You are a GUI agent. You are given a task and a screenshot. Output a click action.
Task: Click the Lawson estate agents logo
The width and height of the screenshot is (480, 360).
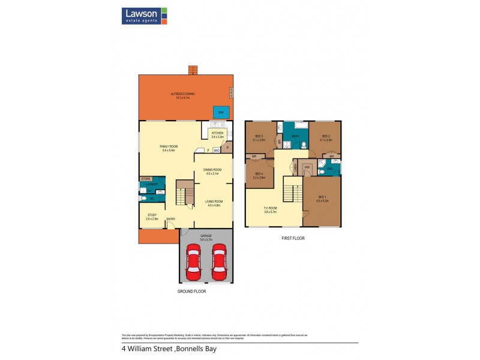tap(144, 16)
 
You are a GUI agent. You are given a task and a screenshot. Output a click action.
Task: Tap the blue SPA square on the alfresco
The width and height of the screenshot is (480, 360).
tap(221, 112)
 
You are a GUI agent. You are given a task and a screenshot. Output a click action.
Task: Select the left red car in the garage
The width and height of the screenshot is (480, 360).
tap(193, 262)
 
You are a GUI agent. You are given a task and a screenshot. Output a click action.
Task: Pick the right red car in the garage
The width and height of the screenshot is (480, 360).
tap(219, 262)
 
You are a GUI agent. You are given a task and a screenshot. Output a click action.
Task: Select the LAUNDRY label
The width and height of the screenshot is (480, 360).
tap(152, 184)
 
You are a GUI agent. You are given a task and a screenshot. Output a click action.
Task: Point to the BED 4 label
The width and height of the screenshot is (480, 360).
tap(259, 175)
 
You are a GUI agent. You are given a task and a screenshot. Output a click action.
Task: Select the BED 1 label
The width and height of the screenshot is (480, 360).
tap(322, 197)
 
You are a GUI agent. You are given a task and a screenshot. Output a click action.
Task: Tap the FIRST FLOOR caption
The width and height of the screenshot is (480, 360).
tap(294, 238)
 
